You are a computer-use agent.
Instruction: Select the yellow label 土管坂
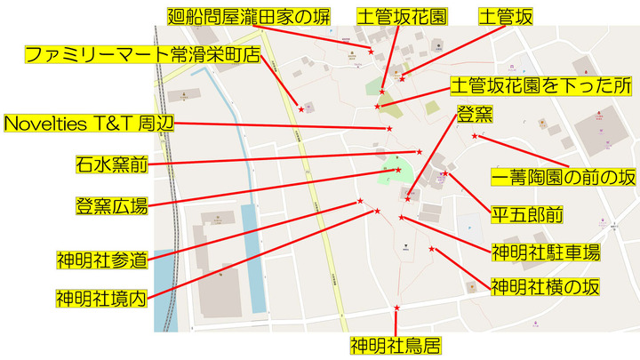(x=505, y=17)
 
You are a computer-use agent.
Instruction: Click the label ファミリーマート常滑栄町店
(x=141, y=54)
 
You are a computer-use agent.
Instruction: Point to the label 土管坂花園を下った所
(x=540, y=86)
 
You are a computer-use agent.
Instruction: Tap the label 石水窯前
(x=111, y=164)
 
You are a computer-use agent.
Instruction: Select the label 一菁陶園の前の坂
(x=564, y=176)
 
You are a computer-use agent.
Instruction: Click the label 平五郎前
(x=527, y=214)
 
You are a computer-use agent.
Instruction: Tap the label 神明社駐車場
(x=545, y=252)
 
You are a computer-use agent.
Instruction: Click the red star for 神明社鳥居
(x=396, y=308)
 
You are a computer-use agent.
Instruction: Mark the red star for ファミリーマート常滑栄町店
(x=301, y=108)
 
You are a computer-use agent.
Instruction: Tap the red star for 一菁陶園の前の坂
(x=475, y=136)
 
